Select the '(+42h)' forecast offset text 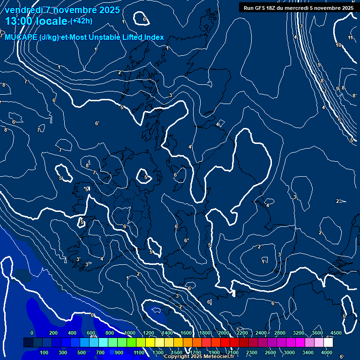tap(81, 21)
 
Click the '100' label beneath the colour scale tap(45, 352)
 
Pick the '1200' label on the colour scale tap(149, 333)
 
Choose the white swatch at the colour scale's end tap(328, 343)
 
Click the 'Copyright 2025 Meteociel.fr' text tap(199, 357)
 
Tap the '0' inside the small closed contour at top tap(144, 19)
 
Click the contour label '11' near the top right tap(351, 37)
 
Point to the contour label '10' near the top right tap(338, 45)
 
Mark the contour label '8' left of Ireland tap(87, 165)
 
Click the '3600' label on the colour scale tap(317, 333)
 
